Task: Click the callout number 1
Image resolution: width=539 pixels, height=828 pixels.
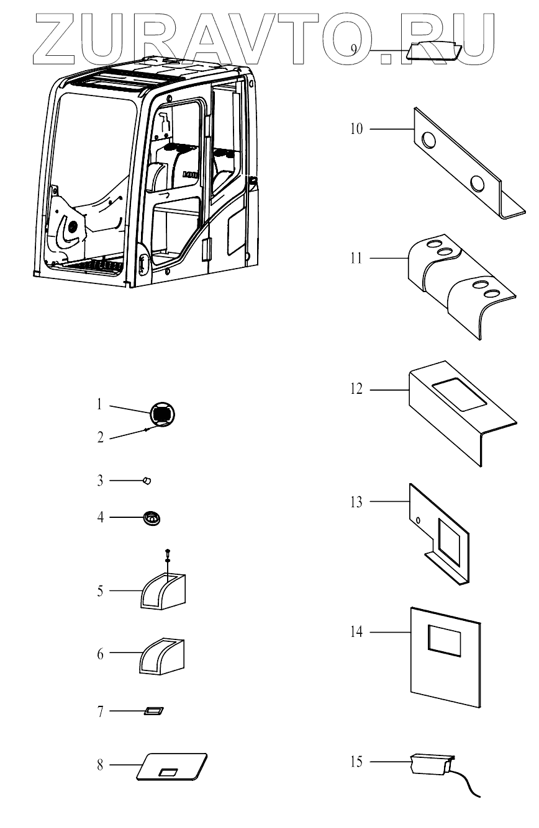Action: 99,406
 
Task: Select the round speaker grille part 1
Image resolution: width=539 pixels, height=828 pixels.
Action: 162,414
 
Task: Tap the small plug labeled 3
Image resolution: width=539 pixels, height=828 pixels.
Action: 147,479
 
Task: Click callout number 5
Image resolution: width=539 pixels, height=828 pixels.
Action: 99,590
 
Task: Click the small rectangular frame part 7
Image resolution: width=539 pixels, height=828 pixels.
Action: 153,710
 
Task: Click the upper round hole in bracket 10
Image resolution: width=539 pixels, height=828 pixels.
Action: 428,141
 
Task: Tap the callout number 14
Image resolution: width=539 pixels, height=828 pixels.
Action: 355,632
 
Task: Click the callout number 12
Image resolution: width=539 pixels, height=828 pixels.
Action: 355,390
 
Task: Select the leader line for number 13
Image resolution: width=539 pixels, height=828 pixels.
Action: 388,501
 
